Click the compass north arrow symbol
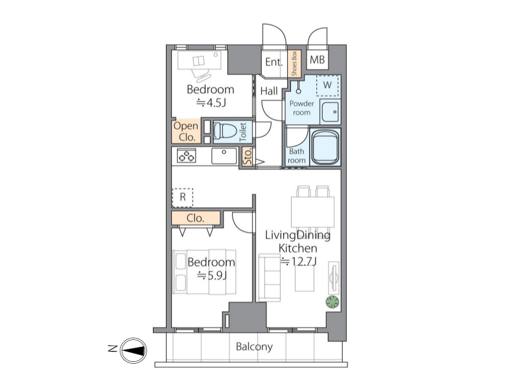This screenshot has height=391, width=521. point(133,350)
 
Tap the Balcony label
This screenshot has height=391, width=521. point(254,347)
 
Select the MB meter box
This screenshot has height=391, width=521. point(318,60)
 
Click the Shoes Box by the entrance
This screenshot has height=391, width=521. point(294,63)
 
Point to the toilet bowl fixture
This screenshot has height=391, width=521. point(225,131)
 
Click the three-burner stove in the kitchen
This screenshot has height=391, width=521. point(187,155)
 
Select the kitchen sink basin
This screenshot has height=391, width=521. point(224,156)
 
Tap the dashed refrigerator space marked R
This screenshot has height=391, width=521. point(183,197)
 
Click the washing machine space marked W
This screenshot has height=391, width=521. point(327,85)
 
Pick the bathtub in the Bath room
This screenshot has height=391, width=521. point(325,147)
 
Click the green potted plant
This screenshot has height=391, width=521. point(332,302)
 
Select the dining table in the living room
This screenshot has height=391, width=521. point(313,212)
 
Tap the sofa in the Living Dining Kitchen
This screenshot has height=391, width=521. point(270,278)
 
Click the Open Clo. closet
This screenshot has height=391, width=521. point(186,131)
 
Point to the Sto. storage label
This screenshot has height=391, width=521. point(248,156)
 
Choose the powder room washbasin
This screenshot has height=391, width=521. point(330,111)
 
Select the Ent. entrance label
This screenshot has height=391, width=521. point(274,62)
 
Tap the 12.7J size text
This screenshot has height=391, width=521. point(299,262)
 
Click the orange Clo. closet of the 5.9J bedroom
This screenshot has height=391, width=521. point(196,218)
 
